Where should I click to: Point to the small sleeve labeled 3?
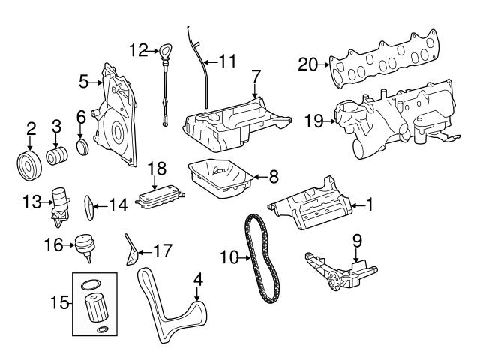coord(57,157)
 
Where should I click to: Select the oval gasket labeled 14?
coord(88,205)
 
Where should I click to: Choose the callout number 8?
coord(273,177)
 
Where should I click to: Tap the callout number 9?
coord(357,241)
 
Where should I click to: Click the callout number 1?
coord(368,203)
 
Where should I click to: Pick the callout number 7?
coord(256,75)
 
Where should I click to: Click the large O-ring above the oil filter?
coord(88,284)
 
